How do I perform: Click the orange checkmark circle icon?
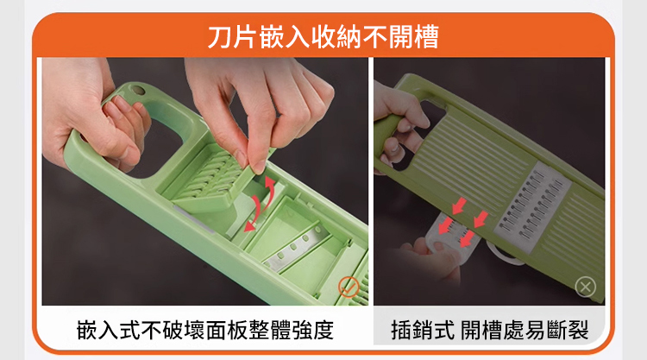(349, 287)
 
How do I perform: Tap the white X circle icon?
(586, 287)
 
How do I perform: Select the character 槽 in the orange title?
(426, 36)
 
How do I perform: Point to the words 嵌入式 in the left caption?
(109, 331)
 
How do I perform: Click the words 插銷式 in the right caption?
(423, 331)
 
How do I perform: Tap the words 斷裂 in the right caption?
(568, 331)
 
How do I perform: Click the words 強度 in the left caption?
(313, 331)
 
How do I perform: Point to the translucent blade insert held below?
(450, 237)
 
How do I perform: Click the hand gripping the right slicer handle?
(399, 123)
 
